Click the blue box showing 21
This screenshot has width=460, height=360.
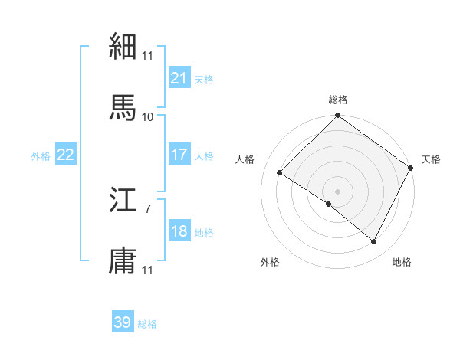179,78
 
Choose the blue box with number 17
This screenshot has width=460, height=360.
179,155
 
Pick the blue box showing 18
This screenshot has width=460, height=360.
179,231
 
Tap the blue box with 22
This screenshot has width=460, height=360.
66,155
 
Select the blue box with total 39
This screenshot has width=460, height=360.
123,322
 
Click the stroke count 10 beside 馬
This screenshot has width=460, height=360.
147,116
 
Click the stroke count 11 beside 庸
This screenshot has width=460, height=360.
147,270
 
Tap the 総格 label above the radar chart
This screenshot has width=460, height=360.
338,100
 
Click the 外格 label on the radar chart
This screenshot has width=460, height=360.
270,262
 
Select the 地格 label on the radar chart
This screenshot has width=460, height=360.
402,262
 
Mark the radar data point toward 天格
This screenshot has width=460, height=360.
411,168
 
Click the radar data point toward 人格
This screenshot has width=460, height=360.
280,172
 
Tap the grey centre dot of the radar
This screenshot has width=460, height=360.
338,191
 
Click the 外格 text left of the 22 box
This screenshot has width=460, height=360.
41,155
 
